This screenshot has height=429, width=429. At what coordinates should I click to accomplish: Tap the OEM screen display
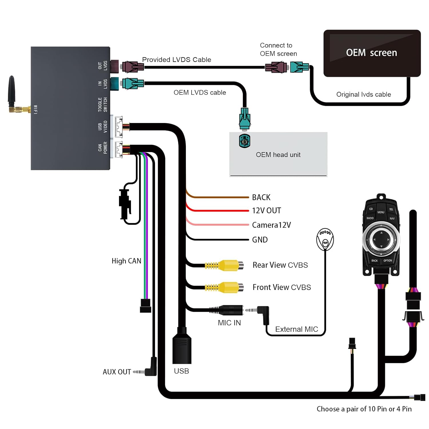tap(372, 53)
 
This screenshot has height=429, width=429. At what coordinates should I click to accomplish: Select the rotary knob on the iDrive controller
tap(381, 240)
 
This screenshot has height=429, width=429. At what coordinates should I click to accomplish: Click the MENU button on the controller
tap(381, 212)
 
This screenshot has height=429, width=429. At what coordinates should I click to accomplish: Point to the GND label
tap(260, 240)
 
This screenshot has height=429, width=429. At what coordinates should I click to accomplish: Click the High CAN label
tap(126, 261)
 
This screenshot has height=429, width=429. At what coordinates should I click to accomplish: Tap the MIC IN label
tap(229, 323)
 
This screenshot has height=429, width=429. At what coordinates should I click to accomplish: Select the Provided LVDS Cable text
tap(176, 59)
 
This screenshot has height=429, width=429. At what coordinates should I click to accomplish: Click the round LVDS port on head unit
tap(245, 141)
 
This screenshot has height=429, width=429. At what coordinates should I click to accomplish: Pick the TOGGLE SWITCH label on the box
tap(102, 104)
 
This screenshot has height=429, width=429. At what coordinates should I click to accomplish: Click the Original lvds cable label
tap(363, 94)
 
